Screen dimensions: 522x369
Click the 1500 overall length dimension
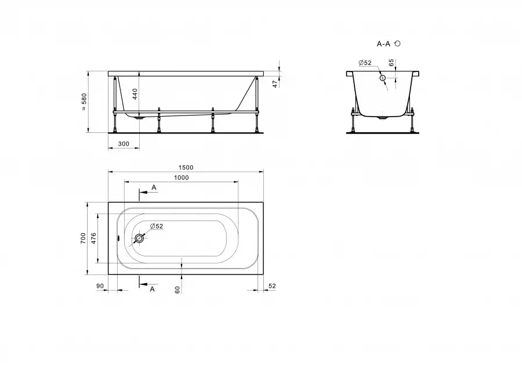[x=186, y=168]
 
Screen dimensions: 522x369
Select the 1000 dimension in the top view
[x=182, y=178]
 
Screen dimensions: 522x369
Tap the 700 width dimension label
[x=83, y=238]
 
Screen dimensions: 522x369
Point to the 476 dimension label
[x=93, y=238]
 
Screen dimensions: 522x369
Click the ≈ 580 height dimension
[x=84, y=102]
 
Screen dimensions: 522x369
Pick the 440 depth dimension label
[x=135, y=94]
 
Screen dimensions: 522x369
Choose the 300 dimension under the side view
[x=124, y=144]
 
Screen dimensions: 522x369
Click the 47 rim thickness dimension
[x=275, y=84]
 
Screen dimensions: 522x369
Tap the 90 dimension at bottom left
[x=100, y=286]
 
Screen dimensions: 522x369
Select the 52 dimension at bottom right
[x=272, y=286]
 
